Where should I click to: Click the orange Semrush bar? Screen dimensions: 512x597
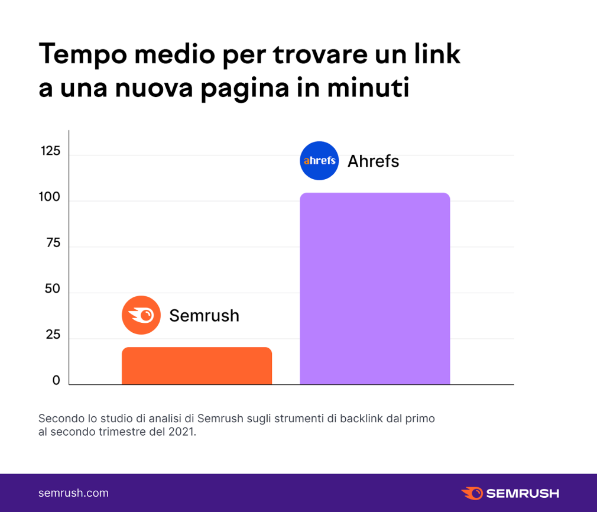tap(197, 366)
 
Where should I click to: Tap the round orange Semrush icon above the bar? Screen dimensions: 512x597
tap(141, 315)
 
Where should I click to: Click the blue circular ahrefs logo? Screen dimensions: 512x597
tap(319, 161)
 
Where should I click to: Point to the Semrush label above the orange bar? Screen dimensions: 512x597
tap(204, 316)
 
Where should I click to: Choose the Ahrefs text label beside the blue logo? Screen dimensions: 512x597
tap(373, 161)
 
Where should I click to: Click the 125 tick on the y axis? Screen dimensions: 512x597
tap(51, 151)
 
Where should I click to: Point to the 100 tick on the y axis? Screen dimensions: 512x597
tap(50, 197)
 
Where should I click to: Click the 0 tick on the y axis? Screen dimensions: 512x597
tap(56, 381)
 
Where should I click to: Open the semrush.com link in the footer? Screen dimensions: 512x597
tap(73, 493)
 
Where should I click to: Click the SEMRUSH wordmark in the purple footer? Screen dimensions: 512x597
tap(522, 493)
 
